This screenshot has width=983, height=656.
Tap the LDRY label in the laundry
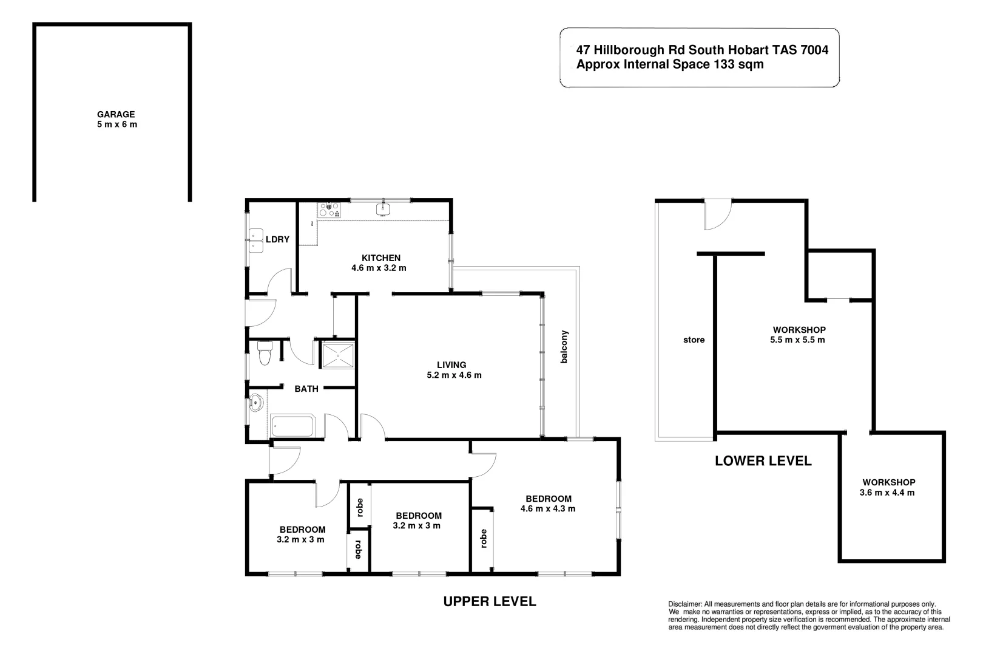click(277, 239)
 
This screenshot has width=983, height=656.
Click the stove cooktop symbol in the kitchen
click(329, 210)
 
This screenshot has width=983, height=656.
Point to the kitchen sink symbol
click(383, 210)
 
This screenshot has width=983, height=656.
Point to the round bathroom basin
click(256, 401)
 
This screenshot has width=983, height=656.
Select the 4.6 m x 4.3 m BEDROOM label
click(548, 504)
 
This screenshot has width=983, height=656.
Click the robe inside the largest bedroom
click(483, 538)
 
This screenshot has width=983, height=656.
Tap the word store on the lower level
click(694, 340)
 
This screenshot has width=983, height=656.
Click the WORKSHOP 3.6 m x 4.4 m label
click(888, 487)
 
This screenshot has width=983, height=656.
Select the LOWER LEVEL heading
click(763, 460)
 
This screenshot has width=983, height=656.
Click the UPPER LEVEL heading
click(489, 601)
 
